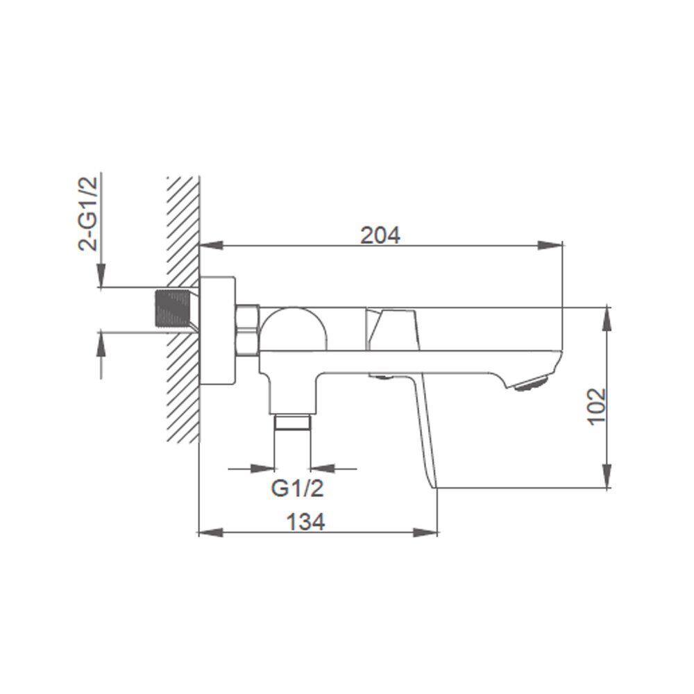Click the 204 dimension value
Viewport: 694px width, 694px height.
tap(380, 235)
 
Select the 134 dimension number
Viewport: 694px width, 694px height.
tap(305, 522)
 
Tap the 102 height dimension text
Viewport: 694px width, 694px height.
tap(597, 406)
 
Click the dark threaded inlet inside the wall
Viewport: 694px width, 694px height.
tap(173, 309)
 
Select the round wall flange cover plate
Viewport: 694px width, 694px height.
tap(217, 330)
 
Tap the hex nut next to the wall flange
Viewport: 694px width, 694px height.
tap(248, 330)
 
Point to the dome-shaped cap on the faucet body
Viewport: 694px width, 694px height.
tap(293, 329)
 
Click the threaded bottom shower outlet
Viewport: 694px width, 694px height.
tap(293, 422)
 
